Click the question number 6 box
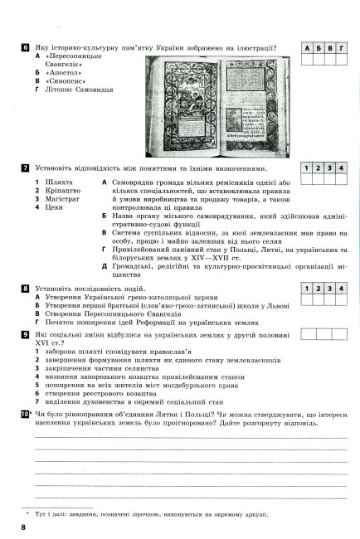26,50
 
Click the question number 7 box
26,168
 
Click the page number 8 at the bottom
25,527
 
